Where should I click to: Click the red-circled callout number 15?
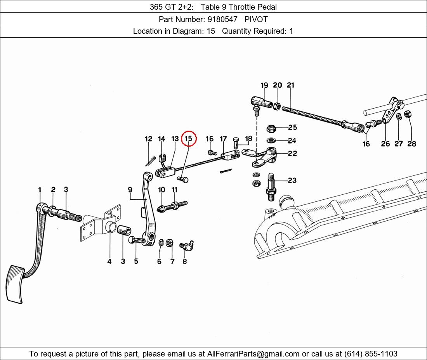click(188, 139)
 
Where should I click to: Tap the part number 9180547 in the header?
click(222, 19)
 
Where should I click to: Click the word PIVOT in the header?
click(256, 19)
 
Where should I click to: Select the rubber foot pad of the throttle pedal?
click(15, 284)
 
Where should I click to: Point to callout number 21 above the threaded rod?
click(291, 85)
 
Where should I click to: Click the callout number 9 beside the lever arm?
click(130, 190)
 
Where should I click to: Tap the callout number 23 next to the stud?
click(292, 180)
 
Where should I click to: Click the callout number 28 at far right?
click(411, 144)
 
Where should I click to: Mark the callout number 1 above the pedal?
click(40, 190)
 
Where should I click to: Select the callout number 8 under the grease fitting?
click(185, 261)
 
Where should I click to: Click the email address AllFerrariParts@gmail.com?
click(253, 354)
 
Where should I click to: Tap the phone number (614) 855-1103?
click(371, 354)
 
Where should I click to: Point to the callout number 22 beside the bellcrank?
click(292, 154)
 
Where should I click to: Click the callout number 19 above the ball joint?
click(264, 85)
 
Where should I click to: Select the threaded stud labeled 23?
click(271, 187)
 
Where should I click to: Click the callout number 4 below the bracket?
click(109, 261)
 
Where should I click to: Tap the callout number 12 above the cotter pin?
click(148, 139)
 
